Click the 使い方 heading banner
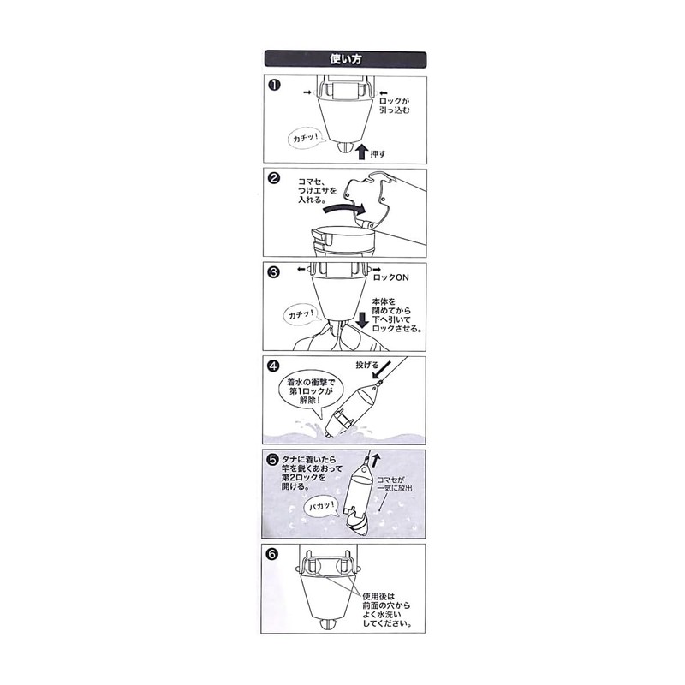coord(345,59)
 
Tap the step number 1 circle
coord(274,85)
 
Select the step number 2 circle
coord(273,178)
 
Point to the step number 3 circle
coord(273,272)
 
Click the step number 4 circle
coord(272,366)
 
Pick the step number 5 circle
coord(272,460)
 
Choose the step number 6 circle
coord(271,554)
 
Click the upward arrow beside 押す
coord(361,152)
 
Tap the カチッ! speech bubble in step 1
coord(307,138)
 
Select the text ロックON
coord(390,277)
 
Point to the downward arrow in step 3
coord(362,319)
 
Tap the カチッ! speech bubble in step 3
coord(302,314)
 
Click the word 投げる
coord(366,365)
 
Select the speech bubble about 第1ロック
coord(311,393)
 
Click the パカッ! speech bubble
coord(322,507)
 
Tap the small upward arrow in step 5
coord(376,461)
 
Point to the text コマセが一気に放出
coord(395,484)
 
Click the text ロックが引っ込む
coord(395,105)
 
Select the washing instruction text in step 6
coord(387,611)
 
